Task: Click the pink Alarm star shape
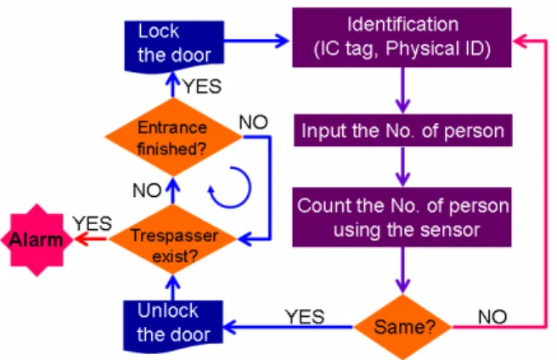37,240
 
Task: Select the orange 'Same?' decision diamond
402,327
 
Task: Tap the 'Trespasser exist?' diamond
173,239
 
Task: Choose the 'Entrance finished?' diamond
173,137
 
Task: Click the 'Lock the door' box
174,46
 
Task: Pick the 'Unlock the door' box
173,327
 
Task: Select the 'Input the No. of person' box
402,131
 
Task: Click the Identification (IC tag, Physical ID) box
402,37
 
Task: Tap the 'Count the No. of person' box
402,217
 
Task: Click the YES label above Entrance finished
202,87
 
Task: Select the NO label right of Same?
492,317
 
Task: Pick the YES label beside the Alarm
93,223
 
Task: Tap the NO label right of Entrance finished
253,122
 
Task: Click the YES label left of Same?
305,317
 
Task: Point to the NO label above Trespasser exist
147,190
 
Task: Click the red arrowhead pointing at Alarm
81,239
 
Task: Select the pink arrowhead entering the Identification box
520,41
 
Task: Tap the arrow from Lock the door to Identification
256,41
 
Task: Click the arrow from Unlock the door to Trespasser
173,288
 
